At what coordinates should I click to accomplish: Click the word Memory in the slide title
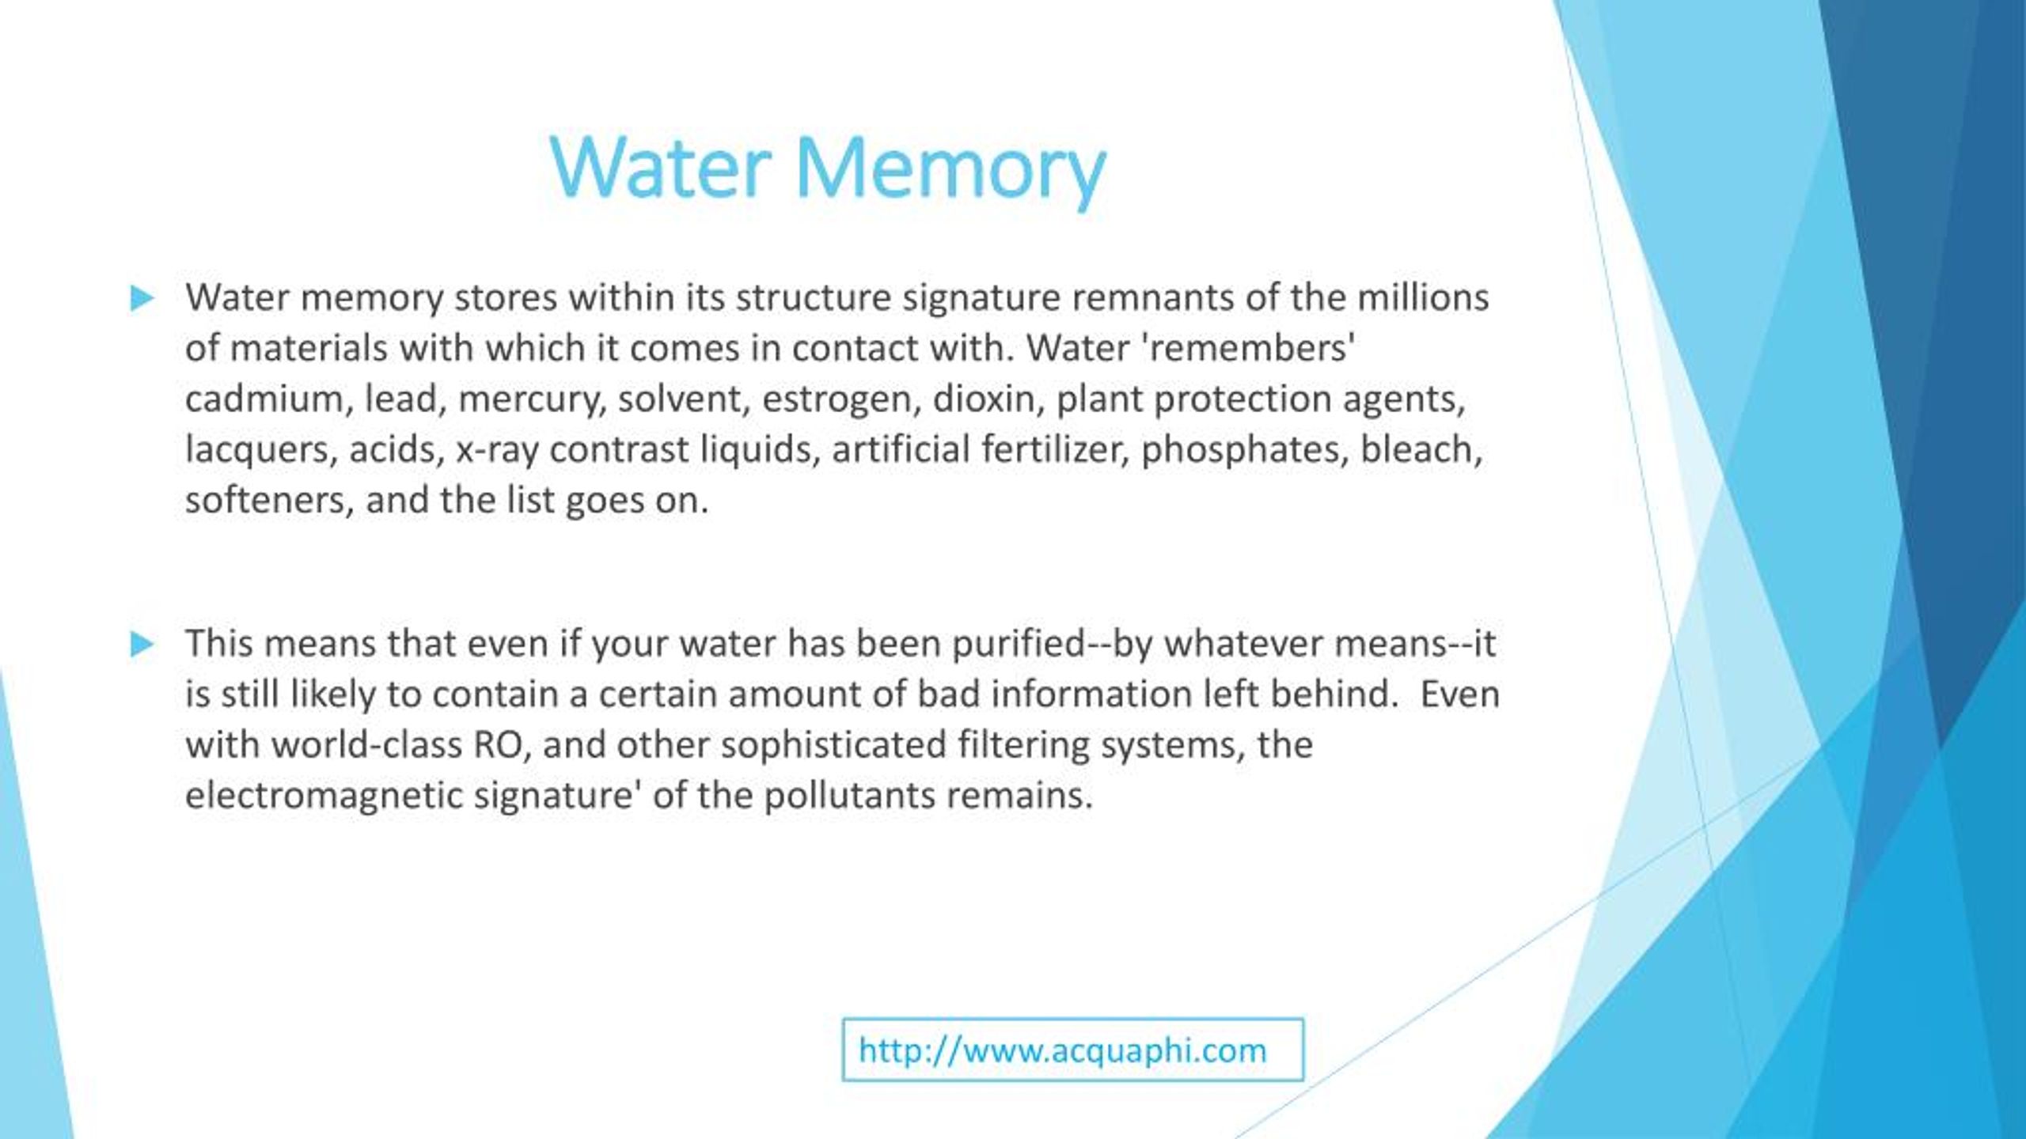[x=950, y=168]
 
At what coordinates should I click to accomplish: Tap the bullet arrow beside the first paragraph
[x=142, y=298]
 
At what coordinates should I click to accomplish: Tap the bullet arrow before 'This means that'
[x=142, y=644]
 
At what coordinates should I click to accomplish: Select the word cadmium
[x=264, y=399]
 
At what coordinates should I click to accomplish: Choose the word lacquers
[x=260, y=450]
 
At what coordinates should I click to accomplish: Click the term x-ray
[x=497, y=450]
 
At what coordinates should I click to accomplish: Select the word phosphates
[x=1244, y=450]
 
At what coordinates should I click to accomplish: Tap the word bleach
[x=1420, y=449]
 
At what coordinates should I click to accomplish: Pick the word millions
[x=1423, y=297]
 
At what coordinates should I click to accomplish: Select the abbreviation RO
[x=502, y=745]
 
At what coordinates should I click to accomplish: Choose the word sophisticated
[x=833, y=745]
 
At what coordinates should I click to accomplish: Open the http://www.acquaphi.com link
[x=1062, y=1050]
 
